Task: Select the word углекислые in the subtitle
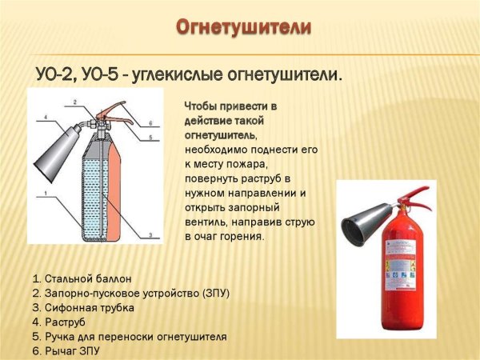point(185,74)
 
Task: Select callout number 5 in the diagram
point(150,137)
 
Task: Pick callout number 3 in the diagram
point(150,233)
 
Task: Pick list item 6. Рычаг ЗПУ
point(68,350)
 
